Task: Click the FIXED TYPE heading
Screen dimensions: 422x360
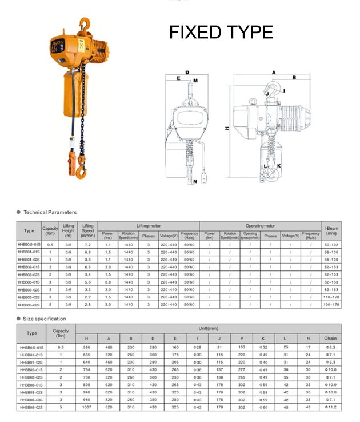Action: [x=221, y=32]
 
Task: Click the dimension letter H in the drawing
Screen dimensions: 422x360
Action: [x=226, y=129]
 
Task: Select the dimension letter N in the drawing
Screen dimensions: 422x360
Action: [x=195, y=182]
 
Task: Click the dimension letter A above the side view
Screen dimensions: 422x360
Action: [x=273, y=73]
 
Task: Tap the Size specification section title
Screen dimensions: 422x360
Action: [x=45, y=319]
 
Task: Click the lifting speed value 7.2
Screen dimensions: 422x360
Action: [x=88, y=244]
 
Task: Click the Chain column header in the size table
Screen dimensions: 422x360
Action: [x=330, y=338]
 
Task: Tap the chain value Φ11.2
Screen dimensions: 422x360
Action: [x=330, y=407]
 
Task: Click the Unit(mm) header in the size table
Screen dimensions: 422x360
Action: [x=208, y=329]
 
